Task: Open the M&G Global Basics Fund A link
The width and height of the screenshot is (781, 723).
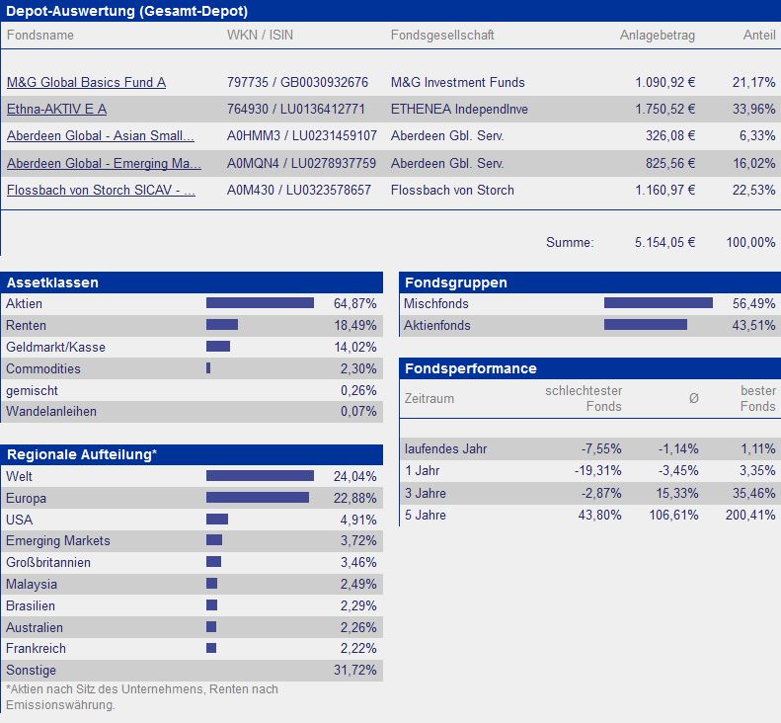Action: tap(86, 82)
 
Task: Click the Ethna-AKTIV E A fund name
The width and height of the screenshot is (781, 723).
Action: tap(56, 109)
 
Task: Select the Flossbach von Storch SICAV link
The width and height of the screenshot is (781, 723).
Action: tap(101, 190)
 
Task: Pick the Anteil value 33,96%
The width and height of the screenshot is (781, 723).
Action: tap(752, 109)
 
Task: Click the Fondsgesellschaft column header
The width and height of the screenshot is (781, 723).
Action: tap(442, 36)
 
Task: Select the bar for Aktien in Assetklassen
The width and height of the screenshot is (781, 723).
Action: tap(260, 303)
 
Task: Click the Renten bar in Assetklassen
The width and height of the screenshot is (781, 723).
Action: tap(222, 325)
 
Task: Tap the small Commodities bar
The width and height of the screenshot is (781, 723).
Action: tap(208, 368)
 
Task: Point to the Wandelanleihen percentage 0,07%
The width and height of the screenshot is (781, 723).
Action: tap(357, 411)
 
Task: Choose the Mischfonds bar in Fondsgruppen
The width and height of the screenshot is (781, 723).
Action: tap(658, 303)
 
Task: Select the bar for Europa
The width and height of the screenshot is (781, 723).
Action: tap(258, 498)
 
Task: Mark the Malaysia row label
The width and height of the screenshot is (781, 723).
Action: tap(32, 584)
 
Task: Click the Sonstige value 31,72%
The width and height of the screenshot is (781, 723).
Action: tap(356, 671)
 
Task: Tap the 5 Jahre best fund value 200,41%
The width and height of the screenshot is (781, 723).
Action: tap(755, 515)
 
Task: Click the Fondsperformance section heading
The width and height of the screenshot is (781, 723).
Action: tap(469, 368)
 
